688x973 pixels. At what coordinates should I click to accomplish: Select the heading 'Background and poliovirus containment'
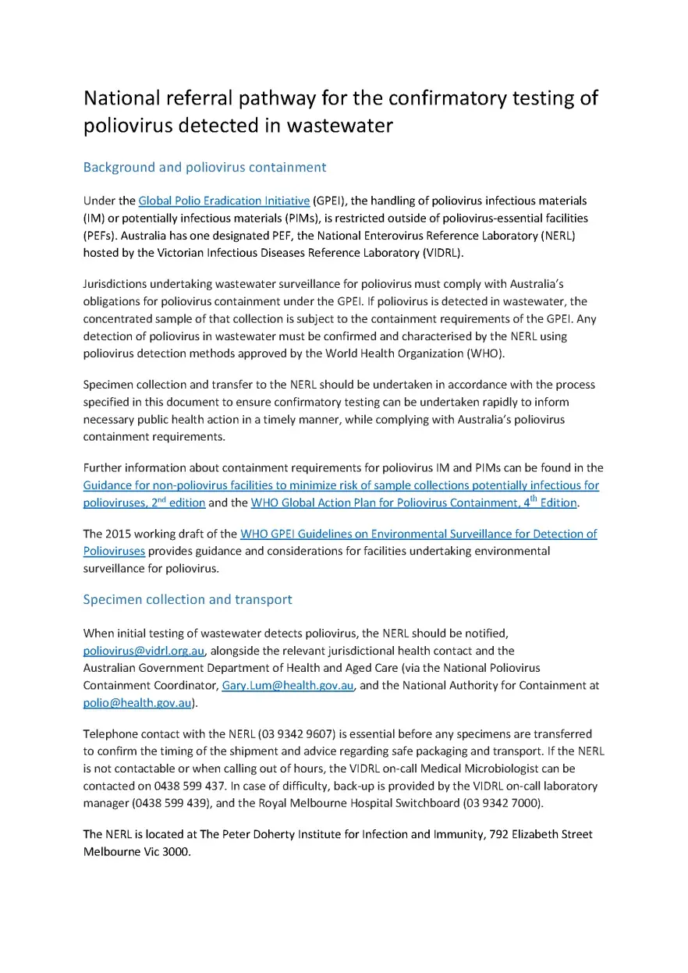click(x=204, y=167)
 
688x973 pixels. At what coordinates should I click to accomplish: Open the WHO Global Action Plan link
click(x=413, y=503)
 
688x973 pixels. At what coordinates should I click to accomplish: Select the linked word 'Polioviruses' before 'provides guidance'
click(x=114, y=551)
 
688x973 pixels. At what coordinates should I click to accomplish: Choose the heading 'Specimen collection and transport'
click(x=187, y=599)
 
